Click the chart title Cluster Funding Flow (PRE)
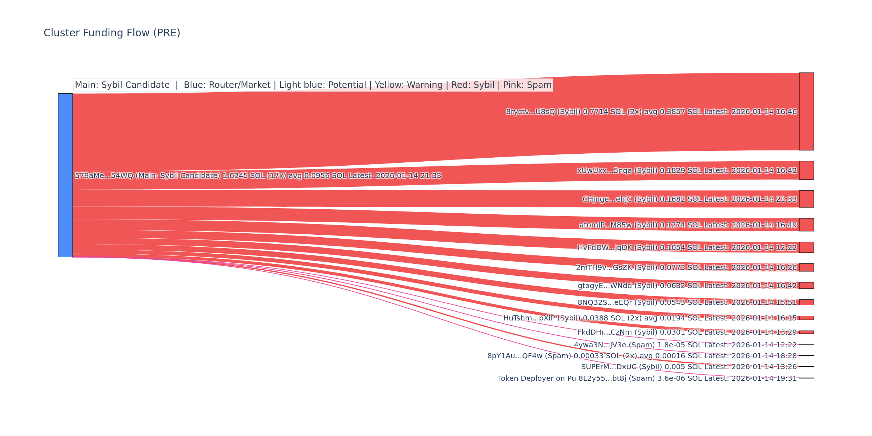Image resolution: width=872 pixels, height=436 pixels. [x=112, y=33]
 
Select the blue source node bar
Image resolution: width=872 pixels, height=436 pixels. [x=65, y=175]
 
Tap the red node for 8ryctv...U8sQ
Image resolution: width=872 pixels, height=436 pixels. [x=806, y=112]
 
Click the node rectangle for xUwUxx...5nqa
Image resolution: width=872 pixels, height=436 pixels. [x=806, y=170]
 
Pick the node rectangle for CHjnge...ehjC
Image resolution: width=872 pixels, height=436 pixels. [x=806, y=199]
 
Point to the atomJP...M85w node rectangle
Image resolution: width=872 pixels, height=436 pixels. [x=806, y=225]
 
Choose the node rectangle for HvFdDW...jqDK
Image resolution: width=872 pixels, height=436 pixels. [x=806, y=247]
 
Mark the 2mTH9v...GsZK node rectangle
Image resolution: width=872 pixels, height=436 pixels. [x=806, y=267]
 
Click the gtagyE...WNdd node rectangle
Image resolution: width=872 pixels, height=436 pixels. [x=806, y=286]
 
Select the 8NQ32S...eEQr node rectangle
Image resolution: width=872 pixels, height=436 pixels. [x=806, y=302]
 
